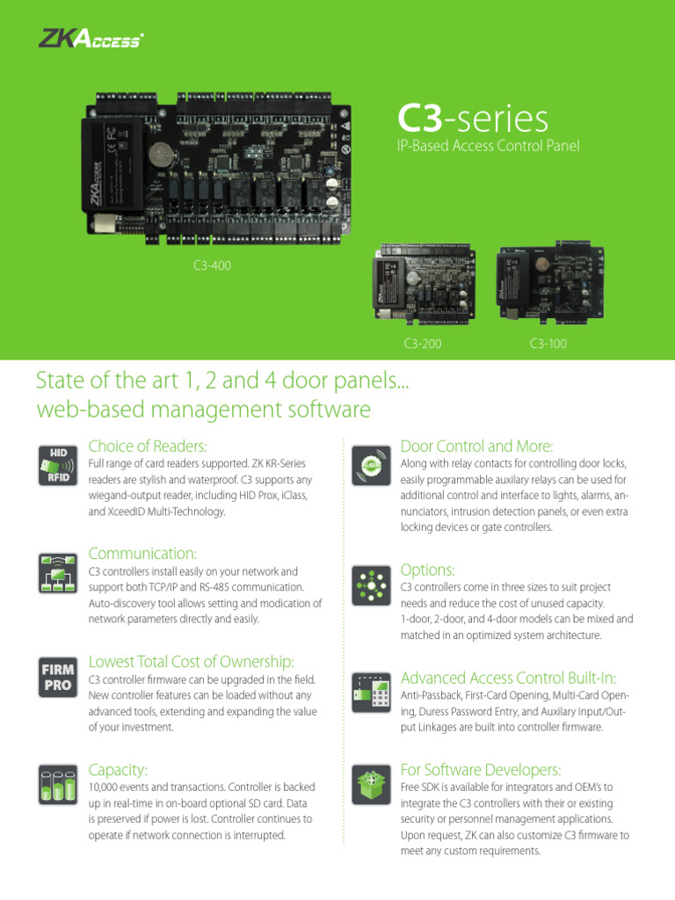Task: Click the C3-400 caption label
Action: click(x=212, y=265)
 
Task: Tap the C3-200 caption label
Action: click(x=423, y=344)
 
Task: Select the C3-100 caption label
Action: click(x=548, y=344)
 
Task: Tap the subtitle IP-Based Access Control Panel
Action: click(x=489, y=146)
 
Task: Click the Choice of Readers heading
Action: click(x=148, y=446)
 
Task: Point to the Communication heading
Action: click(x=143, y=553)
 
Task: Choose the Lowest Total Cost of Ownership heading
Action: click(x=192, y=661)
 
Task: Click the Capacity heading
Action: click(x=119, y=769)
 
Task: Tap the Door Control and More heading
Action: click(x=476, y=446)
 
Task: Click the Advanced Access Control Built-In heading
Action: click(x=508, y=677)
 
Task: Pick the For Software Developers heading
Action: click(x=480, y=769)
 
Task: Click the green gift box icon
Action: click(x=369, y=784)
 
